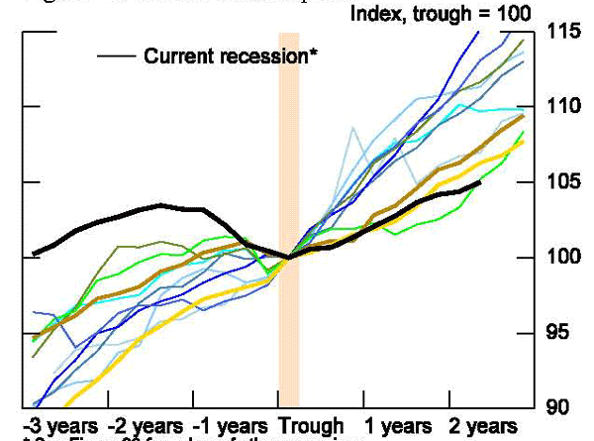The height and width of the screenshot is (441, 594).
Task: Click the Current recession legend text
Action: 225,56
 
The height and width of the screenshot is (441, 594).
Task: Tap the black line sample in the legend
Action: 116,56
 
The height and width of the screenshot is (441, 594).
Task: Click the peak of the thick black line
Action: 161,205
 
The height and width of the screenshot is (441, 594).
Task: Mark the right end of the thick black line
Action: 480,182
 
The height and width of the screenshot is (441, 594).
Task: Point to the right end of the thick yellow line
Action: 524,140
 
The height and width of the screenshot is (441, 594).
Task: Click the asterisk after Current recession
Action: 314,55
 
